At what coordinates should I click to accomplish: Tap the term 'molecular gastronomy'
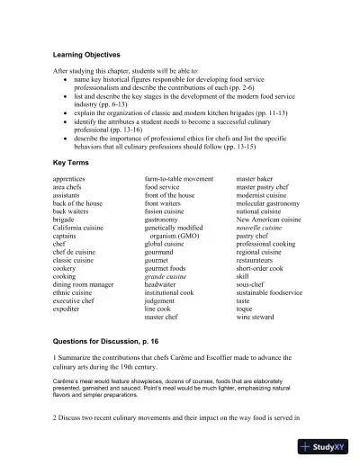pos(270,203)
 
